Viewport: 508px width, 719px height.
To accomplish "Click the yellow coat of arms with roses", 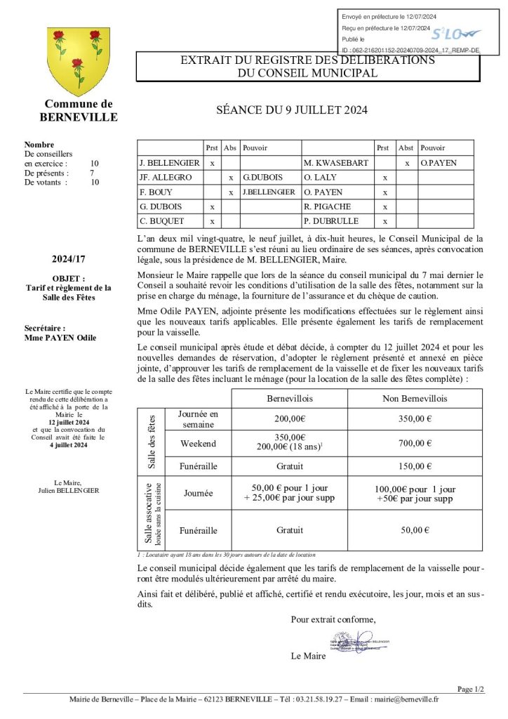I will click(78, 62).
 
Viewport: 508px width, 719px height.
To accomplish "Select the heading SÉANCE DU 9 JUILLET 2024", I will click(291, 110).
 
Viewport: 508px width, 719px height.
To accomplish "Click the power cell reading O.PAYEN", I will click(439, 163).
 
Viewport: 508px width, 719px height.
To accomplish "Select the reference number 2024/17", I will click(69, 259).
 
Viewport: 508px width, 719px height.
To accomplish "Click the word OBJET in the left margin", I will click(68, 278).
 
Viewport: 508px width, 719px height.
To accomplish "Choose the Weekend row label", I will click(198, 443).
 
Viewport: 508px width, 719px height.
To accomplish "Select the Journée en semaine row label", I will click(198, 419).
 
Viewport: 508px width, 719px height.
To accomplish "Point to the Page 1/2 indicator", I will click(470, 690).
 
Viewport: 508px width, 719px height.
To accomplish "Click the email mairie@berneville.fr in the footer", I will click(406, 699).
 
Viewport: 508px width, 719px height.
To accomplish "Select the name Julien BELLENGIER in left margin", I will click(69, 490).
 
